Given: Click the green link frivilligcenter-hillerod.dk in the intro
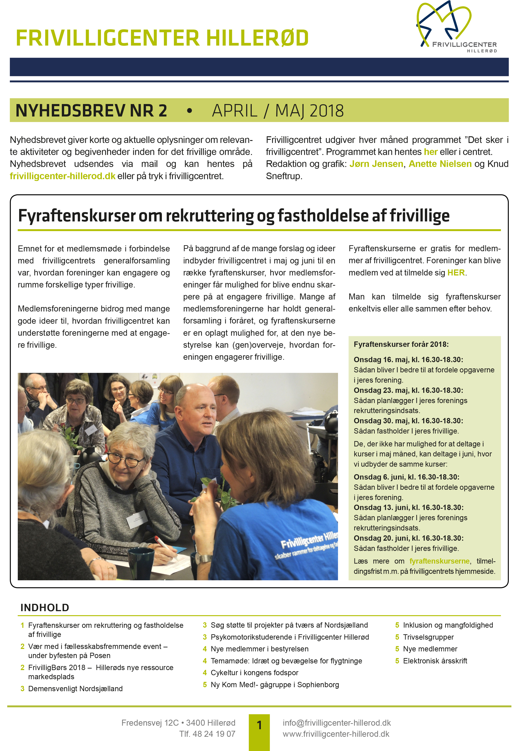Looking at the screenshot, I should click(x=62, y=176).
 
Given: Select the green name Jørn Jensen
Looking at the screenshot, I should click(x=376, y=164).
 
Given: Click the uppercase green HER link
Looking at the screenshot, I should click(x=456, y=273).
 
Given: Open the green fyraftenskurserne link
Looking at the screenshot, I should click(x=439, y=561).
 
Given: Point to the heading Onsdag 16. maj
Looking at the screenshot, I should click(x=408, y=359).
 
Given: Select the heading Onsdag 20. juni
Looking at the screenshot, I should click(x=408, y=538).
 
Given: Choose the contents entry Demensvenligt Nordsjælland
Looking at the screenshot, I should click(x=75, y=689).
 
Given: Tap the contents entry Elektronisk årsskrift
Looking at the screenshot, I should click(x=435, y=661).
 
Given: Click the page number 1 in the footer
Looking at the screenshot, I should click(x=259, y=725).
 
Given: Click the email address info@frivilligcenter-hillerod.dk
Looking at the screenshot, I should click(x=337, y=723).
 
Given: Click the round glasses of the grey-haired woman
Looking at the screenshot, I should click(x=126, y=458).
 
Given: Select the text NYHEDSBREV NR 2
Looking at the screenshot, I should click(x=91, y=110).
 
